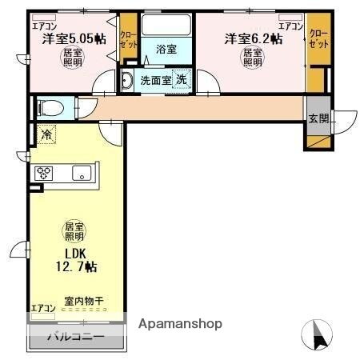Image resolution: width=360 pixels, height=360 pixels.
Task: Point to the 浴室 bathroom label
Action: pos(166,48)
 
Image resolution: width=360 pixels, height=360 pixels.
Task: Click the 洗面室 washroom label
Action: pos(154,80)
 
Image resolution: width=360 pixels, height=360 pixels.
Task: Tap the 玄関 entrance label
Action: pos(318,118)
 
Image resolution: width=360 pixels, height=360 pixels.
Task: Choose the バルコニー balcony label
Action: pos(78,337)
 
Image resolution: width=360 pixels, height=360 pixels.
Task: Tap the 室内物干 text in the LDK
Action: pos(84,301)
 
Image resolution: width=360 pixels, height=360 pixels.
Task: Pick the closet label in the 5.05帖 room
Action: pos(128,40)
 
